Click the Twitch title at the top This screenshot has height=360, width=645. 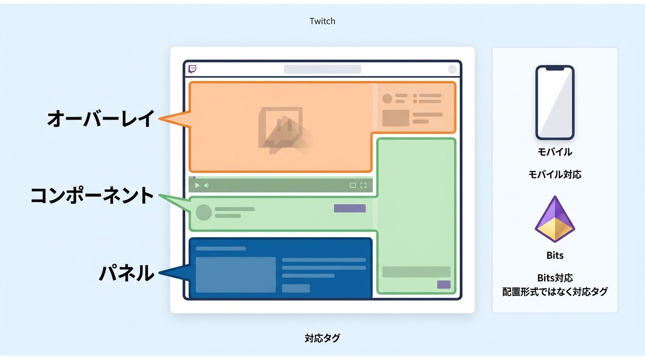pos(322,21)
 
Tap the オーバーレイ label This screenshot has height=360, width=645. pos(101,119)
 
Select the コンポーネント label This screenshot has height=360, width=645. pos(92,195)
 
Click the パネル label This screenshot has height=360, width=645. pos(127,273)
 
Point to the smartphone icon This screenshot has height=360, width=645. pos(555,103)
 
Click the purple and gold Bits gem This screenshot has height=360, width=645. pos(555,219)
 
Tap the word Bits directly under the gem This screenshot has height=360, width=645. pos(555,255)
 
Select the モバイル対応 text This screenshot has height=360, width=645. pos(555,174)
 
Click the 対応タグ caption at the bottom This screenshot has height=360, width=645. pos(322,338)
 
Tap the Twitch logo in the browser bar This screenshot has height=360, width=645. pos(192,69)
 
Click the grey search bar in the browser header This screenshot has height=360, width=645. pos(322,69)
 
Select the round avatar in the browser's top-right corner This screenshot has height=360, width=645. pos(452,69)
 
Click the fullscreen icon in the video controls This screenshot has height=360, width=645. pos(363,185)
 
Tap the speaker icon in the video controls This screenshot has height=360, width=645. pos(206,185)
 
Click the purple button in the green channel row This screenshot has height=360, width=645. pos(350,208)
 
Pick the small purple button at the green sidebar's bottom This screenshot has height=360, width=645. pos(444,285)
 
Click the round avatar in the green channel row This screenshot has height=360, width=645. pos(203,212)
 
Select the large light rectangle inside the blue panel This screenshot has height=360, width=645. pos(235,275)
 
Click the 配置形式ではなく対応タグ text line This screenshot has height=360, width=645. pos(555,292)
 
